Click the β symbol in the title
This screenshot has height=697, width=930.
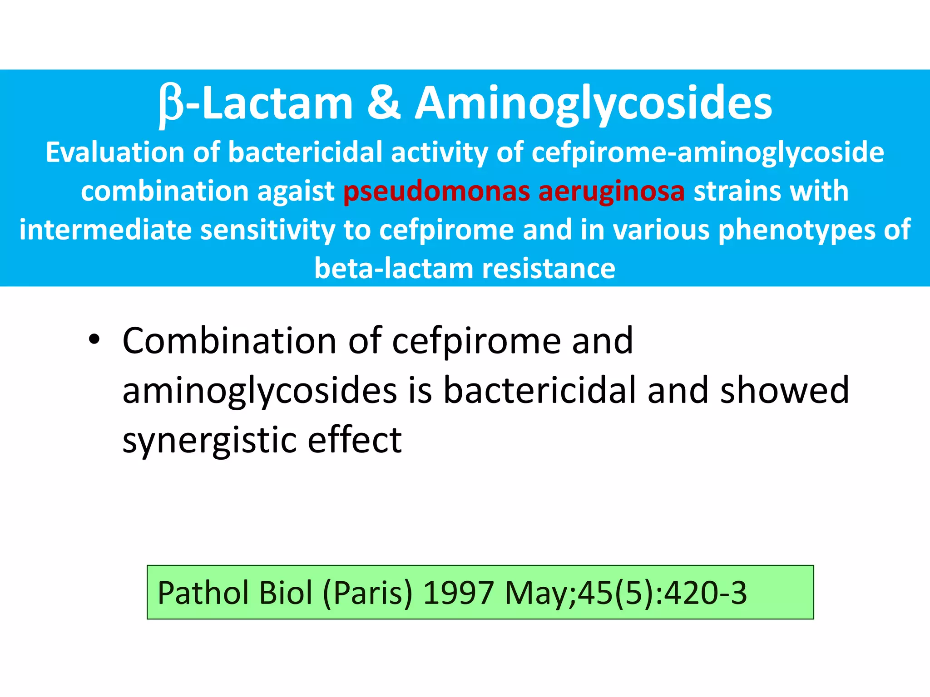pyautogui.click(x=172, y=105)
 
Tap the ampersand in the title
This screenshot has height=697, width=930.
pyautogui.click(x=384, y=103)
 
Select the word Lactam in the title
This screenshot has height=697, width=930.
pyautogui.click(x=277, y=103)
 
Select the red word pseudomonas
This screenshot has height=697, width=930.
pyautogui.click(x=436, y=191)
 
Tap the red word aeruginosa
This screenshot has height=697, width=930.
pyautogui.click(x=611, y=191)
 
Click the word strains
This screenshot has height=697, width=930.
pyautogui.click(x=737, y=191)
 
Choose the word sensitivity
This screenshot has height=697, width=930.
pyautogui.click(x=267, y=230)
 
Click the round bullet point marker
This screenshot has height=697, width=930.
pyautogui.click(x=94, y=340)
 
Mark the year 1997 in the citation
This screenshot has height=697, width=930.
pyautogui.click(x=458, y=593)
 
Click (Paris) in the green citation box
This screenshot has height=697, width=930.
pyautogui.click(x=368, y=593)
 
